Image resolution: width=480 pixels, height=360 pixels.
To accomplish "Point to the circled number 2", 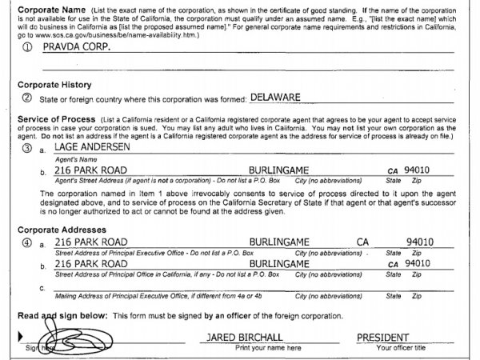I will pos(27,98).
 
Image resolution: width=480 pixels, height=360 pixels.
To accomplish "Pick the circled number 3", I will pos(27,149).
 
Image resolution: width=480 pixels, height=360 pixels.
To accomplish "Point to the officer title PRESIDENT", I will pos(389,338).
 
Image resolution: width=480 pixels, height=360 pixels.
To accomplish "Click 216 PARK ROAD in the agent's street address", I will pos(90,170).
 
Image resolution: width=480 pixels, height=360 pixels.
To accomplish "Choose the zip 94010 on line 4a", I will pos(420,242).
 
